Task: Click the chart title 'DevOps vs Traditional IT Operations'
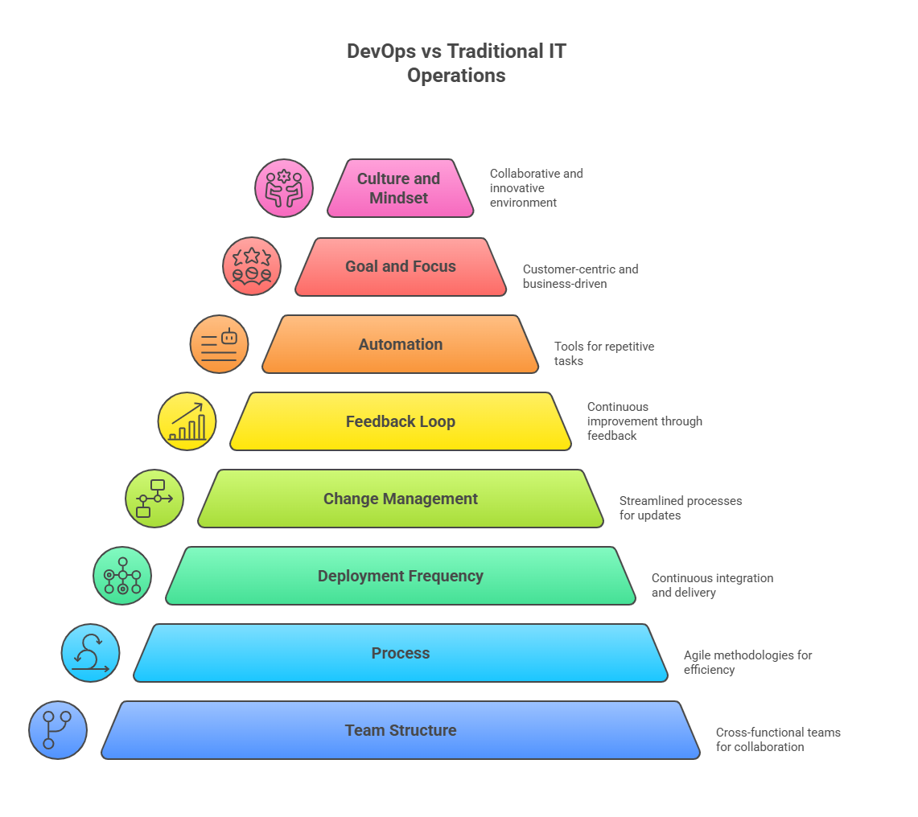[456, 64]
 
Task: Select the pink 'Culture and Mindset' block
[399, 188]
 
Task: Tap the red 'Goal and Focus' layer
[401, 266]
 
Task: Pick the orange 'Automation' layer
[401, 344]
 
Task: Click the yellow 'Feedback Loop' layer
[401, 421]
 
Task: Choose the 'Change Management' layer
[401, 499]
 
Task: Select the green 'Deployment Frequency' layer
[401, 576]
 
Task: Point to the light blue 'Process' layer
[401, 653]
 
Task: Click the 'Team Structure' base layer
[401, 730]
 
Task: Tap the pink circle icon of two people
[284, 188]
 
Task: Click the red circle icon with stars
[252, 266]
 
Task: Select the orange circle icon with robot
[220, 344]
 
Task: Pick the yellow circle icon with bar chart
[187, 421]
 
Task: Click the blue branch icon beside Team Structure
[58, 730]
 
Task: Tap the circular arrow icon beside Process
[90, 653]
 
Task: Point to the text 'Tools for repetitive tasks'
[603, 354]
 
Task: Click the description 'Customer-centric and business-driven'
[580, 276]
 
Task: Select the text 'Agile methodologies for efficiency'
[747, 662]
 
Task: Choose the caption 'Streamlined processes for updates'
[680, 507]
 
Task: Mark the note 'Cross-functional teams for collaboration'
[777, 739]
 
